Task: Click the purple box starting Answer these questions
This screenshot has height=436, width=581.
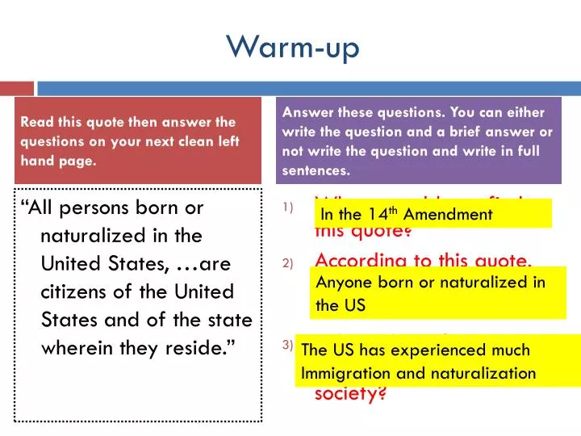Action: point(418,141)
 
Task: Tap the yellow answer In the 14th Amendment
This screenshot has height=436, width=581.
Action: point(433,214)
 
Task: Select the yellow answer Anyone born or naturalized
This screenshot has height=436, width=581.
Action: point(440,294)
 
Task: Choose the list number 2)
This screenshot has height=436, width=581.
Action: point(288,264)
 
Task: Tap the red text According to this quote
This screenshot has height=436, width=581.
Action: point(424,260)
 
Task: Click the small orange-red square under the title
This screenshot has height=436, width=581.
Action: point(16,86)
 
